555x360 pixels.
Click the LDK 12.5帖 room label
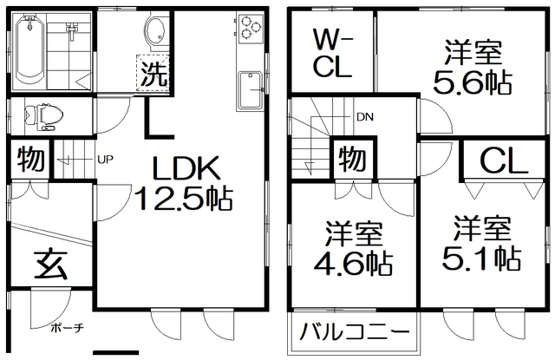click(x=184, y=183)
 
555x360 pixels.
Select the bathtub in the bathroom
click(x=29, y=50)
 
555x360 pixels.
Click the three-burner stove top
click(x=251, y=28)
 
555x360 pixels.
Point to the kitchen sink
click(x=251, y=90)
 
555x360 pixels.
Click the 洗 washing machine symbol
click(x=153, y=73)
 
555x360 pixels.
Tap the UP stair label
click(x=105, y=160)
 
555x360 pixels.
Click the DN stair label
click(x=365, y=117)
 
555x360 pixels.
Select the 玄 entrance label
click(x=50, y=265)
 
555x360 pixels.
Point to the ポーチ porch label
click(x=68, y=328)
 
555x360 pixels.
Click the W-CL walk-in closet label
click(x=332, y=54)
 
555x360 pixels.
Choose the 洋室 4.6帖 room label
click(x=354, y=248)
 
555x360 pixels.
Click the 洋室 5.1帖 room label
click(x=481, y=243)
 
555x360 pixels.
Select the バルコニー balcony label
click(x=355, y=332)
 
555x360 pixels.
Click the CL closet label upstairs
click(x=504, y=161)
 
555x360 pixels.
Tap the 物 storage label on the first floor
click(x=31, y=159)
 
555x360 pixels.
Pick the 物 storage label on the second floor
click(x=352, y=159)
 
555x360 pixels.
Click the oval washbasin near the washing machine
click(x=154, y=31)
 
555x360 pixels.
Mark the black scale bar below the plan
click(x=115, y=352)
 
